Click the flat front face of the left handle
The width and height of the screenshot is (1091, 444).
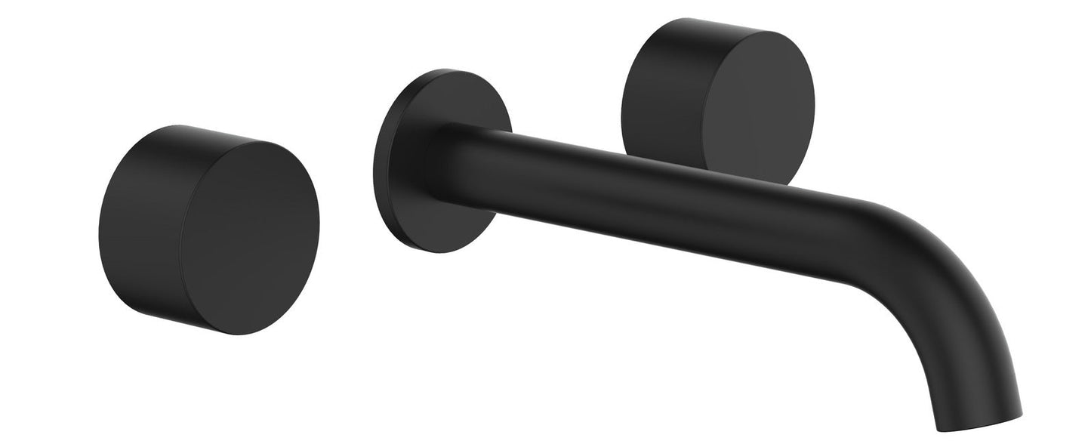pos(249,238)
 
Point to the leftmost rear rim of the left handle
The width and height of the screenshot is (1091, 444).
pos(99,227)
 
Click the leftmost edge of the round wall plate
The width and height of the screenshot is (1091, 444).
pos(374,162)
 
